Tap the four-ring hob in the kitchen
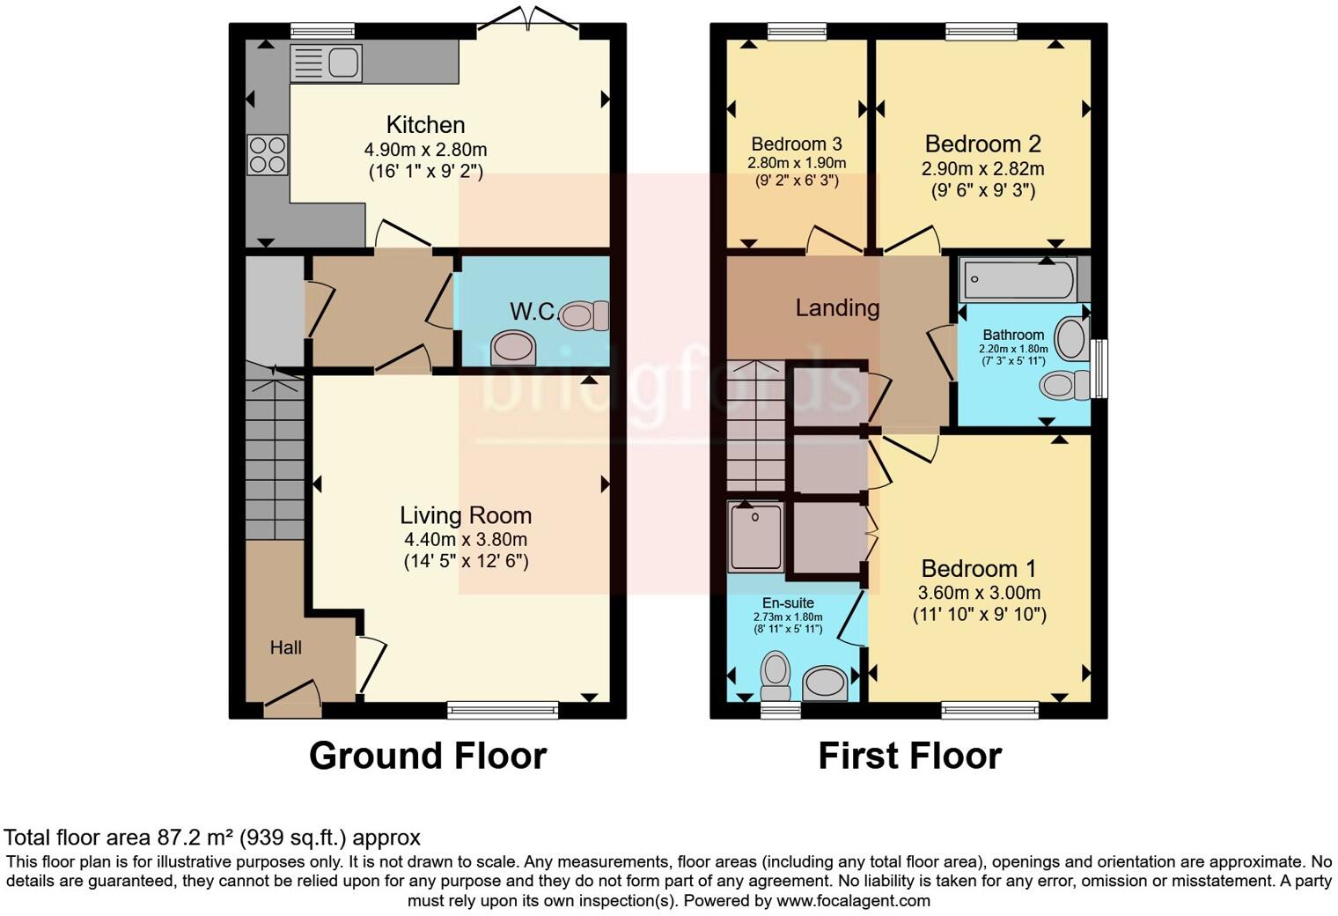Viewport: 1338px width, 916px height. [x=268, y=154]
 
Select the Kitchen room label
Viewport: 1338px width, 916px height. [x=425, y=125]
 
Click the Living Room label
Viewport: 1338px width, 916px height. [x=466, y=515]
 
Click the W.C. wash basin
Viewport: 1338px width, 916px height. [x=513, y=347]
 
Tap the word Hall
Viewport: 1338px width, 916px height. [x=286, y=648]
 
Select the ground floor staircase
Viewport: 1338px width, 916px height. [x=275, y=458]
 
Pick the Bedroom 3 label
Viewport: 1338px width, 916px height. [x=797, y=144]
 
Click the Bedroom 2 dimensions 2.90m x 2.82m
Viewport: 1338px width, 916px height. [x=983, y=168]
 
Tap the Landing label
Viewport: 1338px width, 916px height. [x=837, y=308]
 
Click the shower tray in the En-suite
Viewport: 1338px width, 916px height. [x=756, y=536]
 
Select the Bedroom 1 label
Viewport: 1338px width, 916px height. [x=979, y=569]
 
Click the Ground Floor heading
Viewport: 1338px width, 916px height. [x=428, y=756]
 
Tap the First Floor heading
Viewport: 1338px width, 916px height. [x=909, y=756]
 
